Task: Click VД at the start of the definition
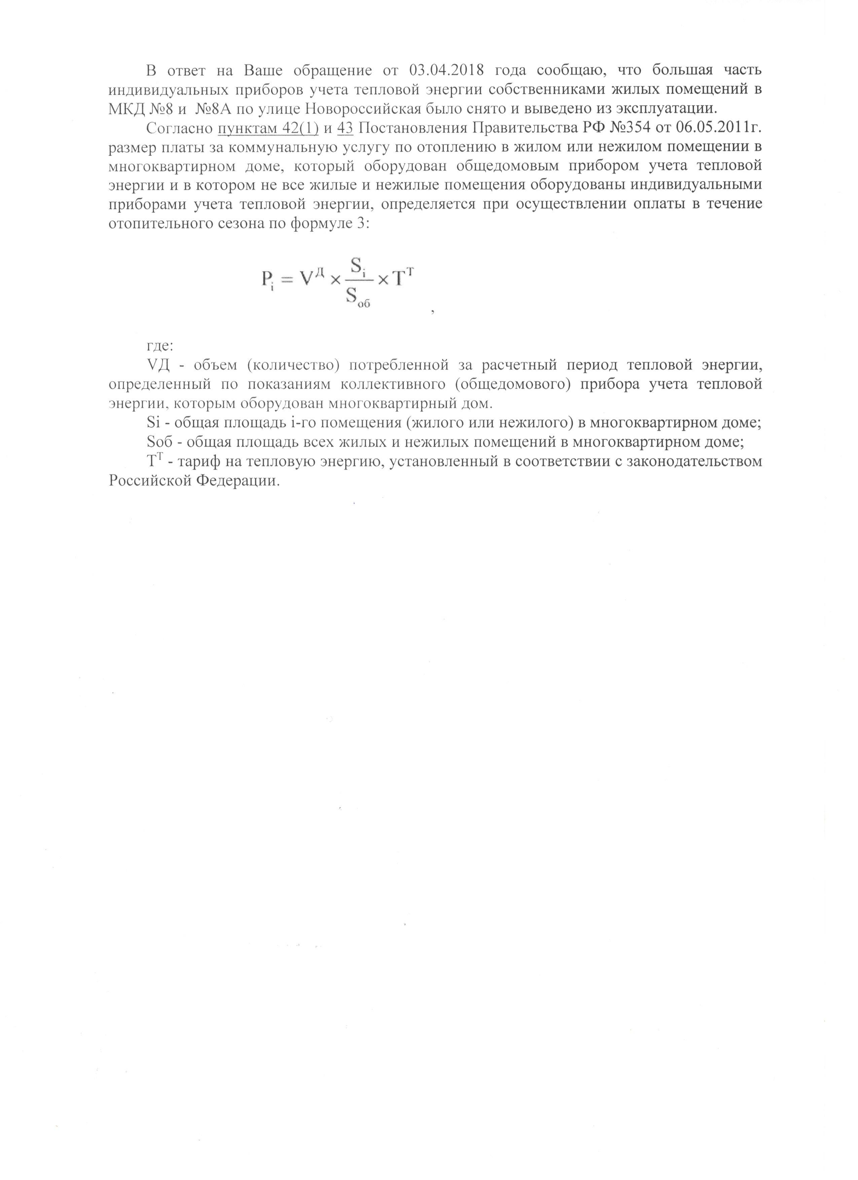pos(159,365)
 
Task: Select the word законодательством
pos(696,461)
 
